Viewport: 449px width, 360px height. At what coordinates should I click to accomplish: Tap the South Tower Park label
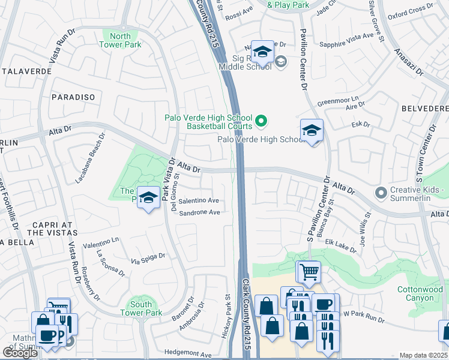141,308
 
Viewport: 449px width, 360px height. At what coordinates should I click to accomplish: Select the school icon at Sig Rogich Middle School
262,53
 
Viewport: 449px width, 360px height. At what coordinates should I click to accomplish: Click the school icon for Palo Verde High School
312,130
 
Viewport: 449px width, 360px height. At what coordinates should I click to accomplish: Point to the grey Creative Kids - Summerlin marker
380,193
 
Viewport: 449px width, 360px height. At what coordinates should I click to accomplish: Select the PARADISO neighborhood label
74,97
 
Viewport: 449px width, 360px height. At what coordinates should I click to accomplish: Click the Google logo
20,353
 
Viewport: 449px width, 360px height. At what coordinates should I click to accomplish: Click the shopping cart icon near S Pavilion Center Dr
309,271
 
